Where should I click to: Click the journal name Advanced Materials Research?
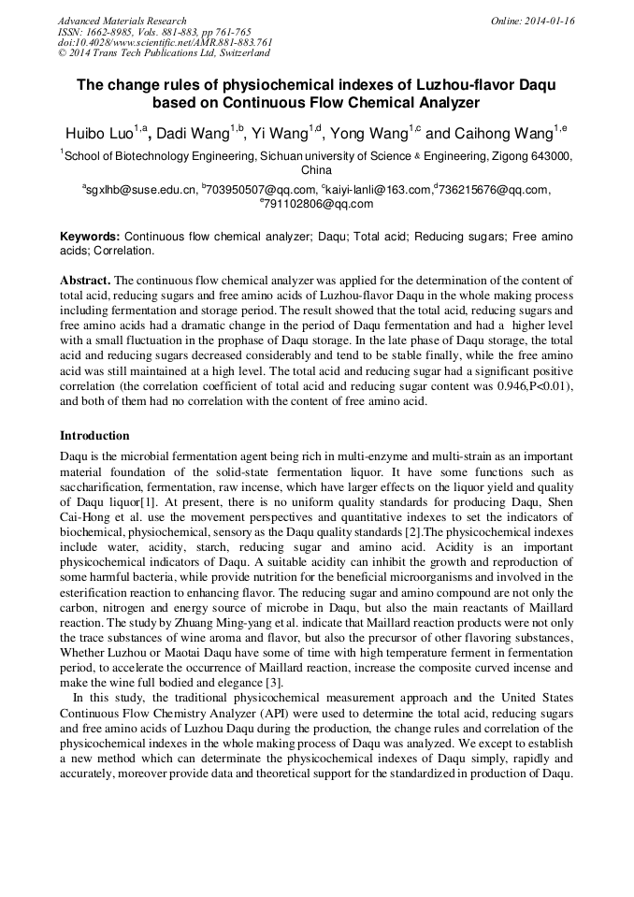122,21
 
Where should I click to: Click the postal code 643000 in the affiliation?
541,157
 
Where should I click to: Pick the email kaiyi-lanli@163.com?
377,190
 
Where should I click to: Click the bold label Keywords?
90,238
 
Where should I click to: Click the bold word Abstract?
86,281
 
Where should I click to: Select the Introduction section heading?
94,436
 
